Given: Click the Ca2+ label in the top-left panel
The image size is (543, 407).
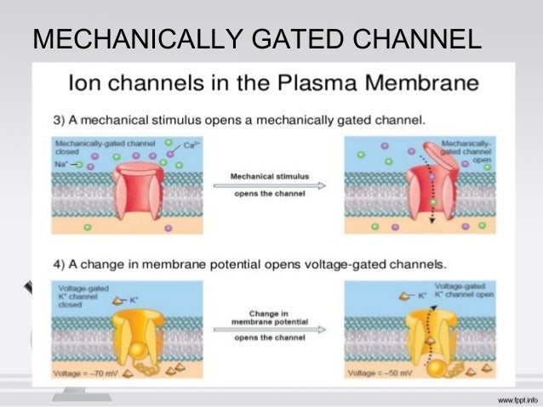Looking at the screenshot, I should [196, 147].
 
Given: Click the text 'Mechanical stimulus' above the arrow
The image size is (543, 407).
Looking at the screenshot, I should [270, 178].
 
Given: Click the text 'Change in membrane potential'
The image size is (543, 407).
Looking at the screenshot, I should [270, 319].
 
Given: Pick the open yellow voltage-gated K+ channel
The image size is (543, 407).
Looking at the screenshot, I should [419, 327].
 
